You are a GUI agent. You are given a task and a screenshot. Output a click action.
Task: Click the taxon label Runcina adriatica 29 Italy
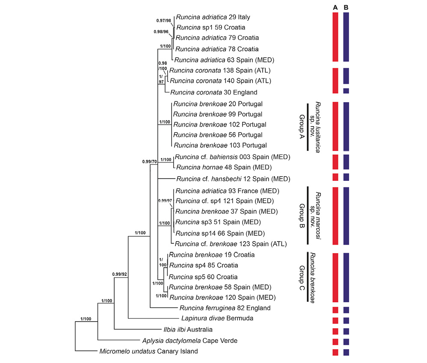(213, 17)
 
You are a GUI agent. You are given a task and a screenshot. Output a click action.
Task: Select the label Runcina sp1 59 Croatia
(211, 27)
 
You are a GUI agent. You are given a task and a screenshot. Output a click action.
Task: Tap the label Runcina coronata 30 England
(214, 92)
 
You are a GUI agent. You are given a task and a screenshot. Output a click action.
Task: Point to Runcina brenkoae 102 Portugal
(220, 124)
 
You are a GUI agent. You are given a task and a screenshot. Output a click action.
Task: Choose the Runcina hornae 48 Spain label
(224, 167)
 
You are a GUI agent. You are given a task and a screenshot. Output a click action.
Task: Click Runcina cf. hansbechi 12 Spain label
(233, 179)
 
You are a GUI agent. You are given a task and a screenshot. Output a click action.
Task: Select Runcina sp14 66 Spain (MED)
(220, 233)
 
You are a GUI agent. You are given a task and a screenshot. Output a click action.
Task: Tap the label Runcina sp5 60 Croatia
(203, 277)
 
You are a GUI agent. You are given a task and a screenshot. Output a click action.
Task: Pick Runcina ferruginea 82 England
(225, 308)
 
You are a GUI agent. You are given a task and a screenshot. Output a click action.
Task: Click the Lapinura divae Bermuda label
(217, 319)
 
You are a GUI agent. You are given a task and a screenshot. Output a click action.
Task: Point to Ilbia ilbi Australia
(188, 330)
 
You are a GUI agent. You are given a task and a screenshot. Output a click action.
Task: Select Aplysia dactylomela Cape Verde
(190, 341)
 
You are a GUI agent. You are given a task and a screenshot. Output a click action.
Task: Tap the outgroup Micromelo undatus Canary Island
(149, 351)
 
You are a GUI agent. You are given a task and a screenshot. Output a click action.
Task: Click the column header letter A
(335, 8)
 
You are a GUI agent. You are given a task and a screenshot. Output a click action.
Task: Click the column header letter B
(346, 8)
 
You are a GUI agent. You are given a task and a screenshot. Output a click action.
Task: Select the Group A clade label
(302, 127)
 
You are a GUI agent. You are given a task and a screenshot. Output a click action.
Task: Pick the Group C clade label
(302, 278)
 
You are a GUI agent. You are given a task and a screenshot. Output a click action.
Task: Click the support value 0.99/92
(119, 274)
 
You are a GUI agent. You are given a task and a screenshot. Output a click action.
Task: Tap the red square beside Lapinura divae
(335, 321)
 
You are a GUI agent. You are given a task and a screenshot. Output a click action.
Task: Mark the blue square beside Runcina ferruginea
(346, 310)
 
